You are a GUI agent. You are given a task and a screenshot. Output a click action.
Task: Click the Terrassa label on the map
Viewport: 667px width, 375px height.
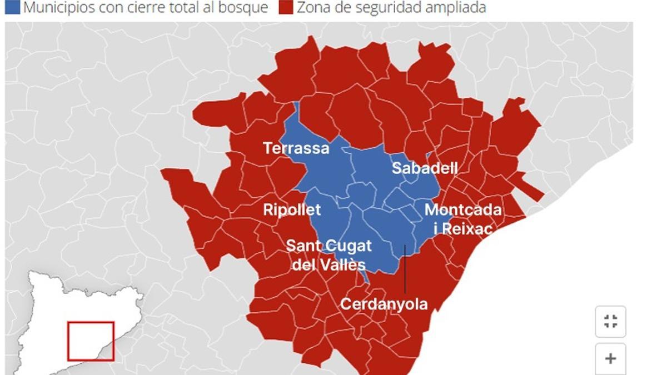[x=296, y=149]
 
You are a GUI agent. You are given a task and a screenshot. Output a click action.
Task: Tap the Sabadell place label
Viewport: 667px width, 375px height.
[x=425, y=168]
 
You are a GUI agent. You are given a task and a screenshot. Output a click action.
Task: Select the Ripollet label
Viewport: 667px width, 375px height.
[x=292, y=210]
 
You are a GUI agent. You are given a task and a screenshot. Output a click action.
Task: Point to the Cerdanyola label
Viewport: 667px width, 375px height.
[x=384, y=304]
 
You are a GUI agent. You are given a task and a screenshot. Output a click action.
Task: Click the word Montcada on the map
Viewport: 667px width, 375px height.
[x=463, y=211]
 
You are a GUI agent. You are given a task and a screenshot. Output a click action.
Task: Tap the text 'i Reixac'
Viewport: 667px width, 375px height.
[x=459, y=228]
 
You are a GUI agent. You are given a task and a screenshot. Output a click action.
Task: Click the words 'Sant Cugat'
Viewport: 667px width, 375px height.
[x=328, y=246]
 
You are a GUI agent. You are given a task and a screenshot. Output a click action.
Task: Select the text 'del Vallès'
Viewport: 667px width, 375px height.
[x=328, y=264]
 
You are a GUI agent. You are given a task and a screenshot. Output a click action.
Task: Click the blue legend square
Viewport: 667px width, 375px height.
[x=12, y=7]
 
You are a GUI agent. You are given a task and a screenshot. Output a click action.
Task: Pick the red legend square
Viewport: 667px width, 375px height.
[x=286, y=7]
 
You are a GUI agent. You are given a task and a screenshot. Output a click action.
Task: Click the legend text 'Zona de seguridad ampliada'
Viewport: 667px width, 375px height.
[x=391, y=7]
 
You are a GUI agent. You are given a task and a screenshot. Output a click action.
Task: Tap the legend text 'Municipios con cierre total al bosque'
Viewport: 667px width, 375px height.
[x=146, y=7]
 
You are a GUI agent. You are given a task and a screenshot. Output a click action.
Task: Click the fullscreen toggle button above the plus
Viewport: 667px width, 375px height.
[x=610, y=321]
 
